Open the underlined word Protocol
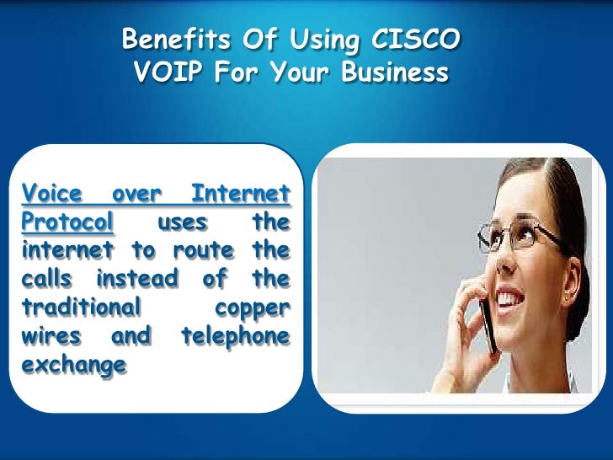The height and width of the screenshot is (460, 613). pyautogui.click(x=67, y=222)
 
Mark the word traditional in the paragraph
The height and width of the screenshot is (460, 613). pyautogui.click(x=79, y=307)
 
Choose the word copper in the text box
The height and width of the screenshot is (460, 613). pyautogui.click(x=252, y=307)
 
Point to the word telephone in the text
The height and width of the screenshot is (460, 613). pyautogui.click(x=235, y=336)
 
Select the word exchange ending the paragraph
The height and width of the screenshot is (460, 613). pyautogui.click(x=73, y=365)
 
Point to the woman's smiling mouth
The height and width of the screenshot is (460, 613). pyautogui.click(x=510, y=297)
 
